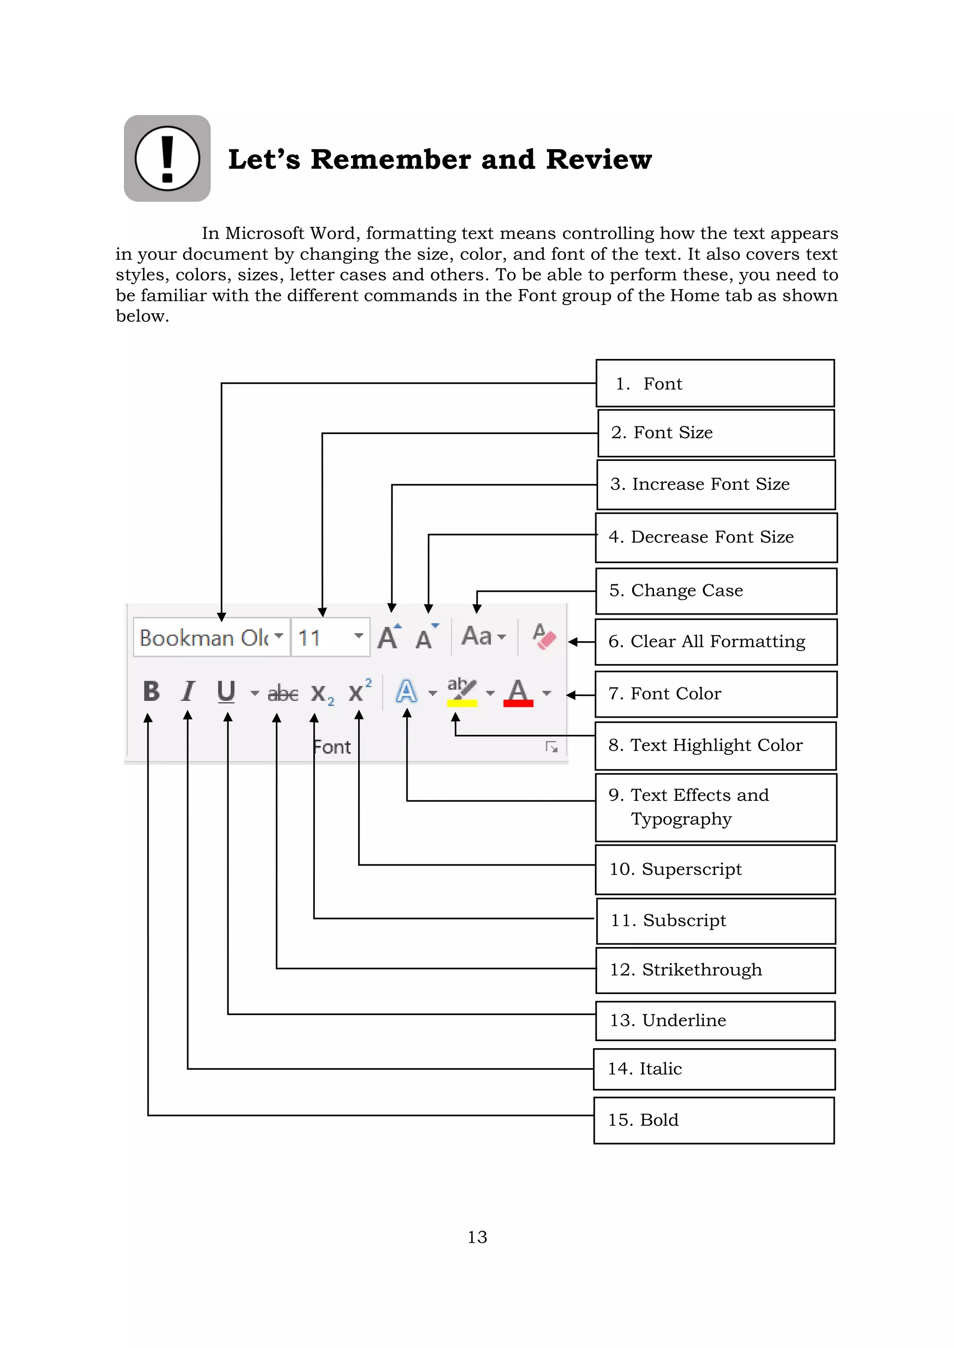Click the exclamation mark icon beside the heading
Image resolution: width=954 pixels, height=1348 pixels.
(167, 158)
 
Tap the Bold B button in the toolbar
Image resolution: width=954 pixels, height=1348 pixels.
(151, 691)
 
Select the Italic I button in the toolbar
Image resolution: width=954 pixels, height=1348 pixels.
(188, 691)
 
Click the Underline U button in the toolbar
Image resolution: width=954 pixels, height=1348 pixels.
(226, 691)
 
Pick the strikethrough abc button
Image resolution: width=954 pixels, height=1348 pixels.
(283, 693)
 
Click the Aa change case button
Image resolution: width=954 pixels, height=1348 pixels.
(477, 636)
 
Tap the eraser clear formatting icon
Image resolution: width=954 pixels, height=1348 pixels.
(544, 637)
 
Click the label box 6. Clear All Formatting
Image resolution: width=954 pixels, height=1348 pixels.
(715, 642)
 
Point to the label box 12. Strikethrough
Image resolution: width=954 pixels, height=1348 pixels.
(715, 970)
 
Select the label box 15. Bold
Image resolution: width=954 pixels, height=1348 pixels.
(714, 1120)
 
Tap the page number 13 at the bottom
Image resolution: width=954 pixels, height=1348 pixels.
(477, 1237)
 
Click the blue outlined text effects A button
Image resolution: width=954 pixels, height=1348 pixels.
(407, 691)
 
